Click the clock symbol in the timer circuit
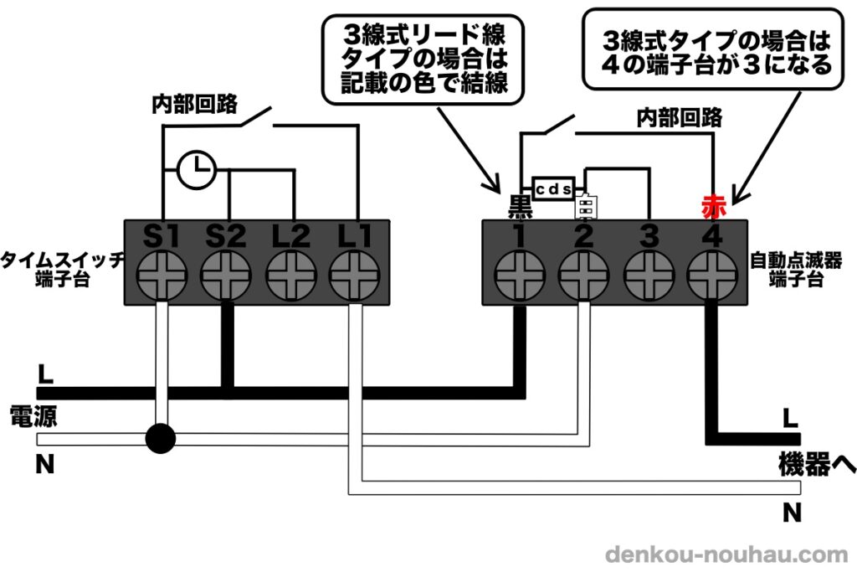coord(197,170)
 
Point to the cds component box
coord(553,189)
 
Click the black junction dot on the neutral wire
coord(160,437)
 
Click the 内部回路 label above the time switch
coord(194,105)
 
